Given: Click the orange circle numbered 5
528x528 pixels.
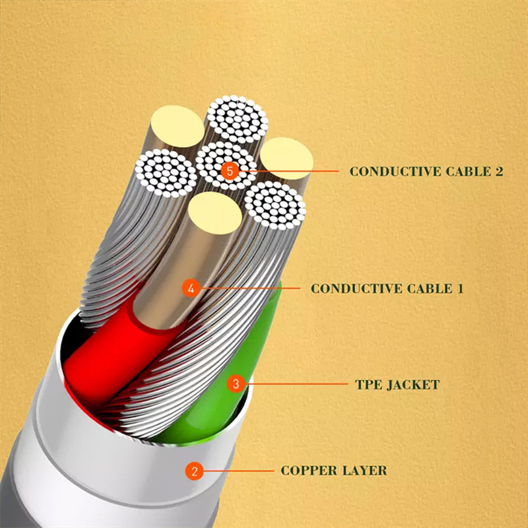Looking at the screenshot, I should click(x=229, y=171).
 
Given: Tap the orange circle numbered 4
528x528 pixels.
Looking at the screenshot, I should click(x=191, y=288).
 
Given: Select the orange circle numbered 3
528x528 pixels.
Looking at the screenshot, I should click(x=236, y=383).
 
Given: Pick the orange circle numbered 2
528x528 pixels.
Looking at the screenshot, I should click(x=194, y=471).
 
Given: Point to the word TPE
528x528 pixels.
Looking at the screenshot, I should click(x=368, y=384).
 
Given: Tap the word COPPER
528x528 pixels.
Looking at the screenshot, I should click(x=307, y=471).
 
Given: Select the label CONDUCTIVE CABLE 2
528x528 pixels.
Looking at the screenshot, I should click(x=426, y=172).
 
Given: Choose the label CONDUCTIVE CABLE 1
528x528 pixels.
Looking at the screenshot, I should click(x=387, y=288).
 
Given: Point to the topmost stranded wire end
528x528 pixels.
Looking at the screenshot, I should click(x=238, y=119).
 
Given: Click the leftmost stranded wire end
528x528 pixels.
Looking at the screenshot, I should click(x=166, y=173).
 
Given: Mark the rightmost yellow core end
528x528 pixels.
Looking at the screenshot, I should click(x=286, y=159).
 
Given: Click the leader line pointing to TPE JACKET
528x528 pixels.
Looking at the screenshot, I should click(x=297, y=383).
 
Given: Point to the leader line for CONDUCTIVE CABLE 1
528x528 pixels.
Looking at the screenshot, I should click(x=251, y=288).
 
